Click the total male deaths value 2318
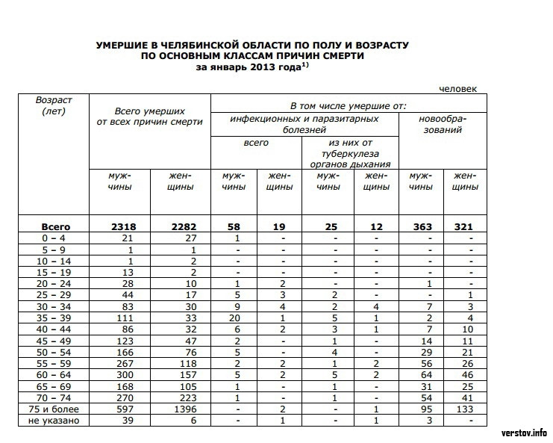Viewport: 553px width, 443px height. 119,226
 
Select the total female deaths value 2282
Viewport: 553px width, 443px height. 181,226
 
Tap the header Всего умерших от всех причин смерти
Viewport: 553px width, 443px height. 150,116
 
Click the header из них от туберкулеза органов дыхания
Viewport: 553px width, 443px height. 349,153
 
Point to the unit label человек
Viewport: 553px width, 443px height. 457,89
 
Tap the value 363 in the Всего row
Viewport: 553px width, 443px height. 422,226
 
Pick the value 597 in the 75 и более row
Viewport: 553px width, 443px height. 119,409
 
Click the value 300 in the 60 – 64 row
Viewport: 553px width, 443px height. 119,376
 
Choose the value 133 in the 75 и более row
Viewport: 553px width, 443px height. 465,409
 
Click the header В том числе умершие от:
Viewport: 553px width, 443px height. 348,105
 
